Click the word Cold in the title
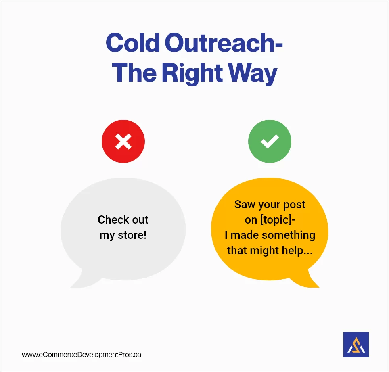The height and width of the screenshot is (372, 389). pyautogui.click(x=130, y=43)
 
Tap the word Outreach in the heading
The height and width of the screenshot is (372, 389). pyautogui.click(x=220, y=43)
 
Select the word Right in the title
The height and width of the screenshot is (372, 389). pyautogui.click(x=192, y=73)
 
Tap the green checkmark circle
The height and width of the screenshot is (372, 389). pyautogui.click(x=269, y=141)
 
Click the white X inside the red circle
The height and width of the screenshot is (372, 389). pyautogui.click(x=123, y=141)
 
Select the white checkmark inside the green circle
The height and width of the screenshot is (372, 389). pyautogui.click(x=269, y=141)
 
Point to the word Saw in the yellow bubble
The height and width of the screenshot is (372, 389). pyautogui.click(x=244, y=204)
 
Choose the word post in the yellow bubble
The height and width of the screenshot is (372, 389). pyautogui.click(x=295, y=204)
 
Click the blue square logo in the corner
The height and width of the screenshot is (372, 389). pyautogui.click(x=356, y=345)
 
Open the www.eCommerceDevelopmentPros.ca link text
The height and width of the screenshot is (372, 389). pyautogui.click(x=82, y=355)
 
